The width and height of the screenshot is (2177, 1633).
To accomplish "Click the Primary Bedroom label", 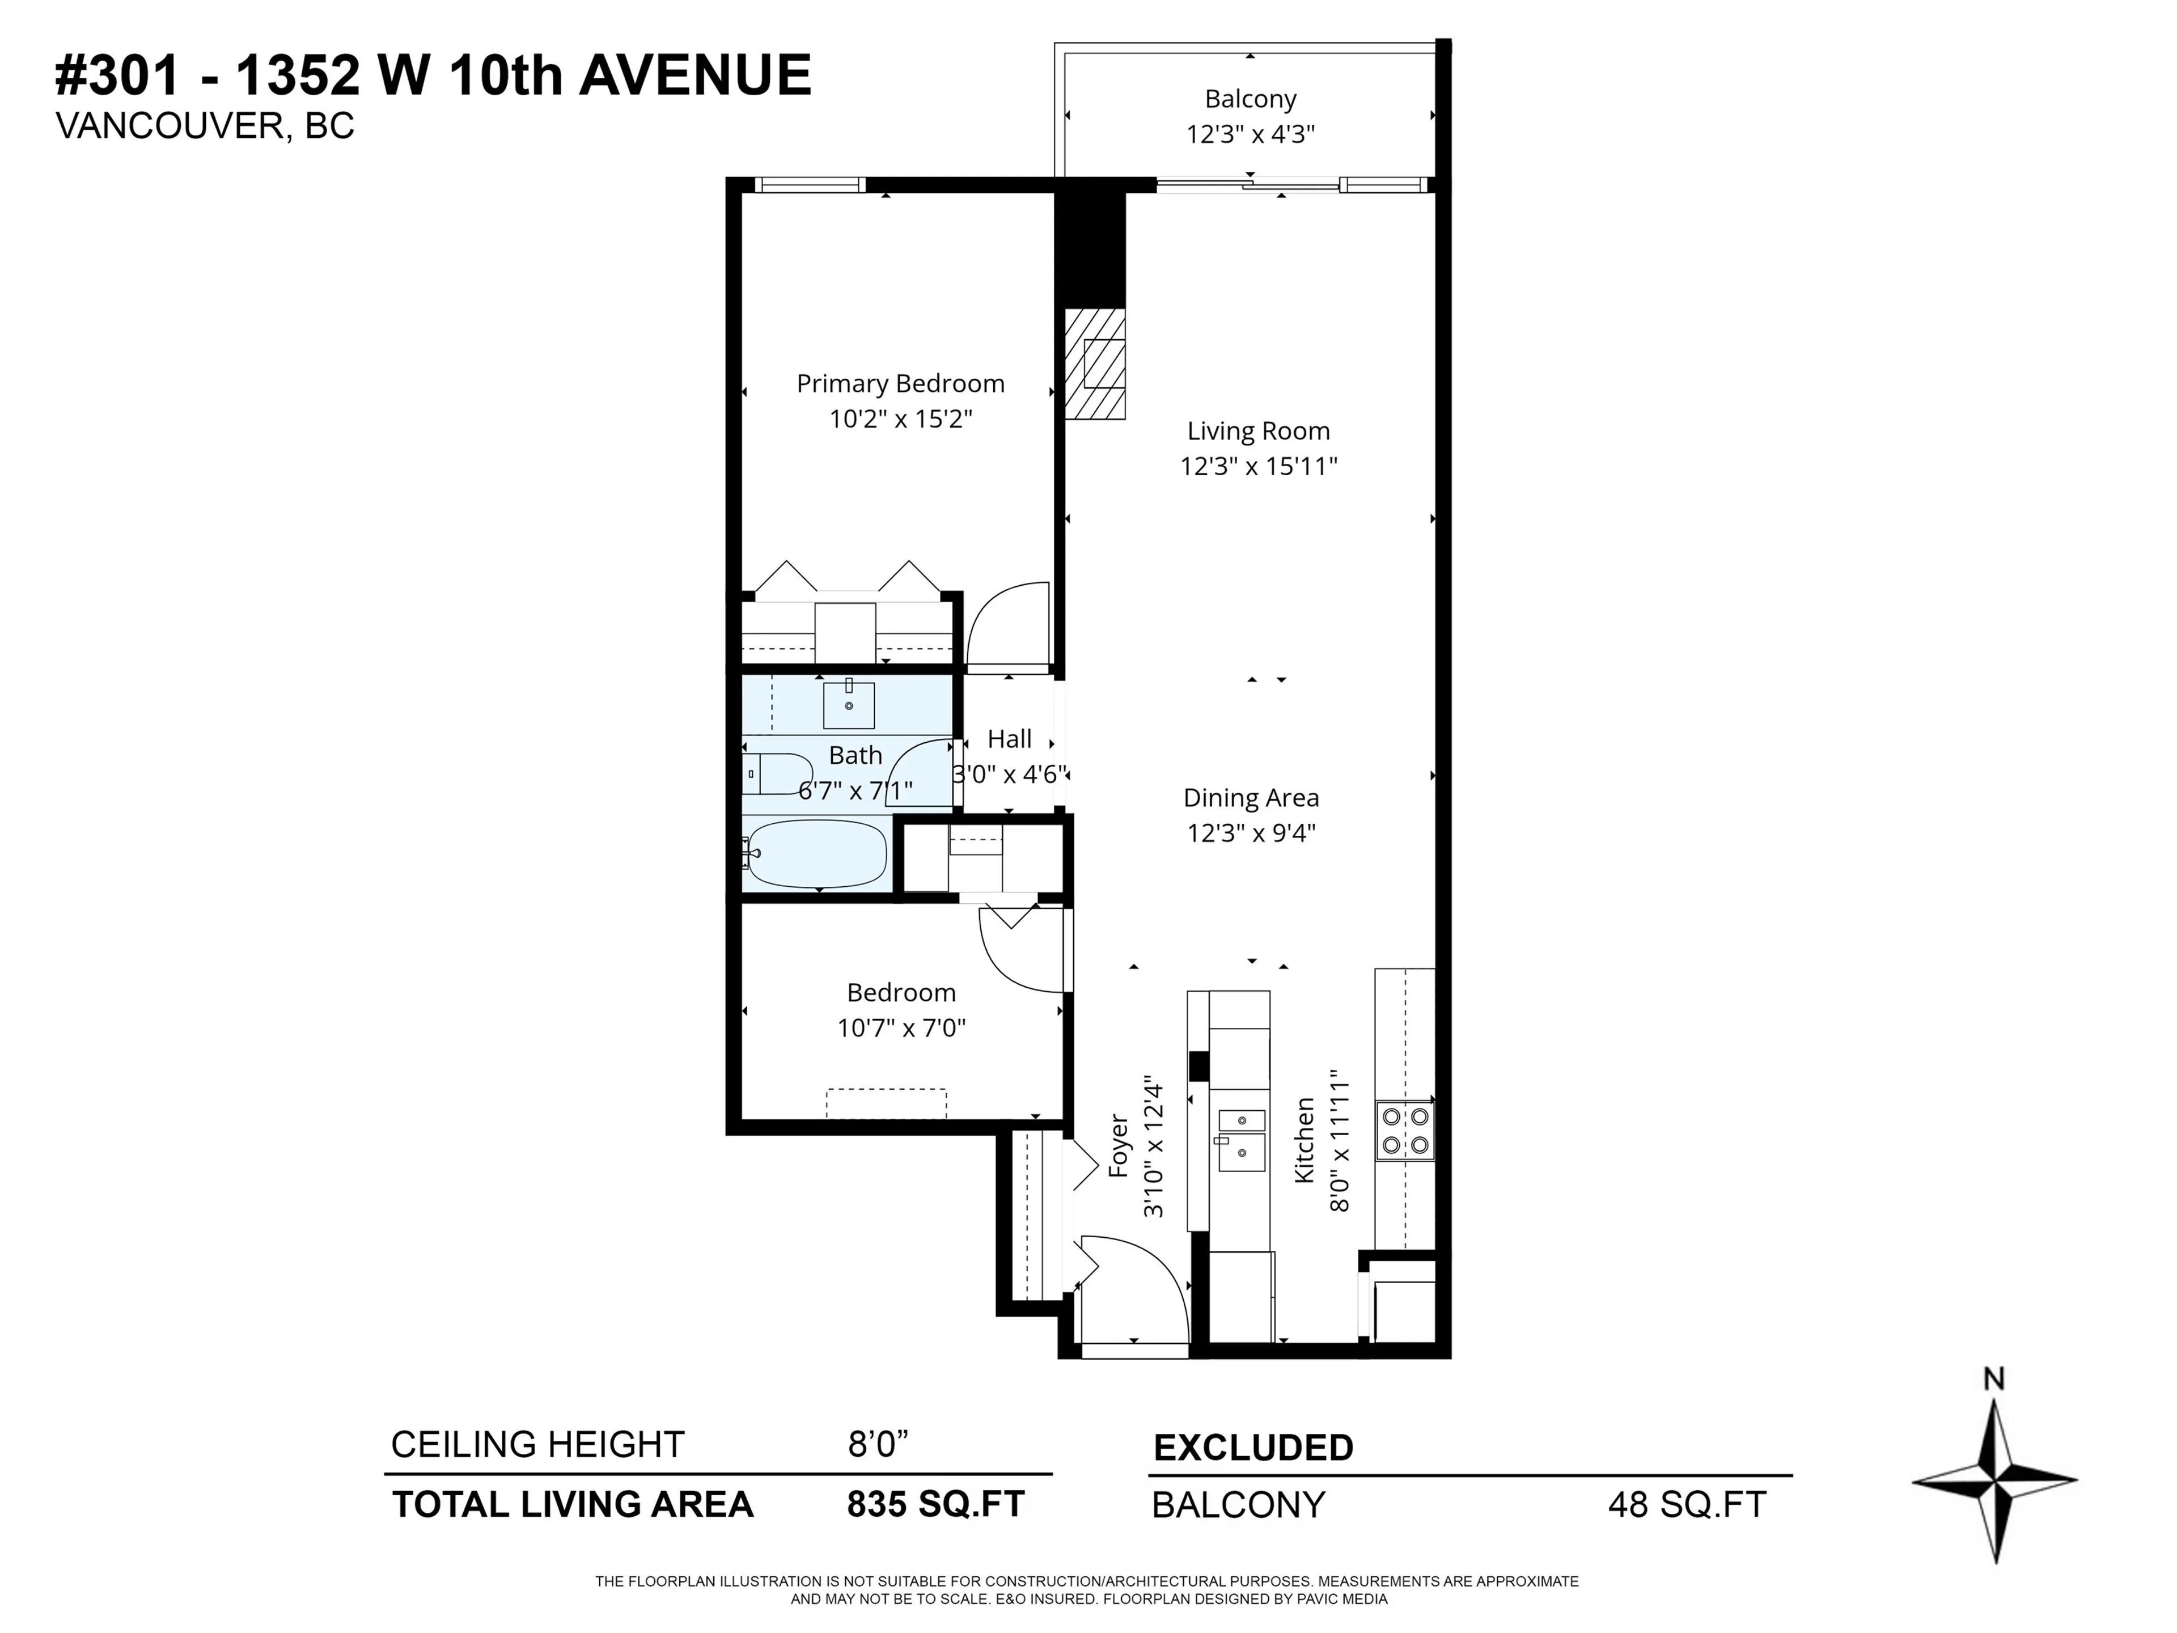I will (x=900, y=384).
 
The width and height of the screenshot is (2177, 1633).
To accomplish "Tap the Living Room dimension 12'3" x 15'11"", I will (x=1258, y=467).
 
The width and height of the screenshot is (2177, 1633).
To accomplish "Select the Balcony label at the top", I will (x=1250, y=99).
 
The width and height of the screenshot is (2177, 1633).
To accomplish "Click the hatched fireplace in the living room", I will (x=1094, y=364).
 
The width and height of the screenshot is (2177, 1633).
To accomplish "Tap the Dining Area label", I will (x=1250, y=798).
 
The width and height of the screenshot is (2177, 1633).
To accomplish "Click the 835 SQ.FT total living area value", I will (x=935, y=1504).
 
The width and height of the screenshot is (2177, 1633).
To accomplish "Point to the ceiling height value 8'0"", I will (x=877, y=1444).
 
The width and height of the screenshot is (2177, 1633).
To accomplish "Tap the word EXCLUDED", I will (x=1253, y=1448).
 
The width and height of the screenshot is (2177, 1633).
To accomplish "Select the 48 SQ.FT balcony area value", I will (x=1687, y=1505).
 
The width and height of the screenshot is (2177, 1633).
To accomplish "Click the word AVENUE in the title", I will (x=695, y=76).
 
